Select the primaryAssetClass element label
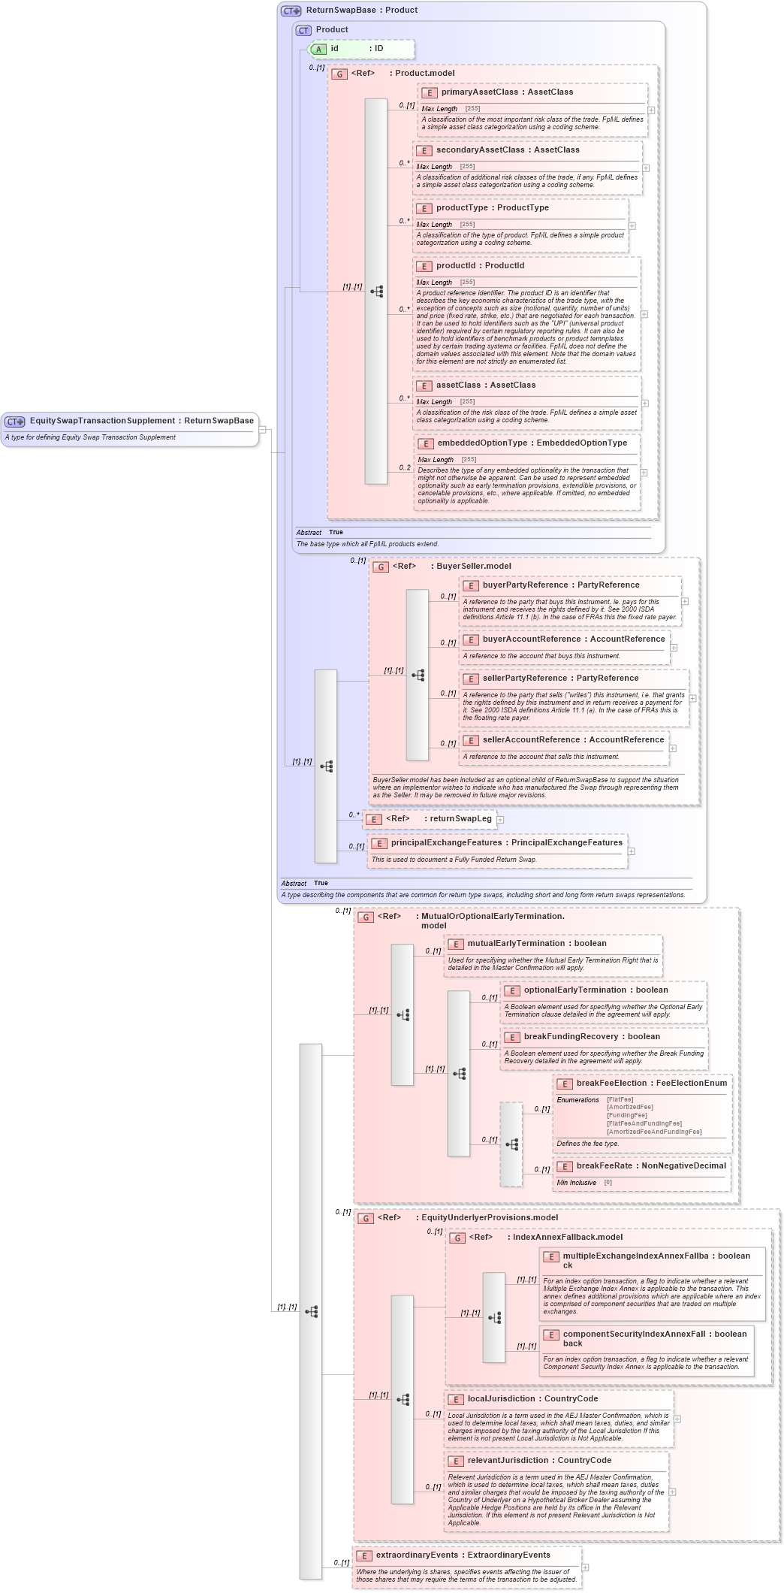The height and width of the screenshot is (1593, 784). click(x=479, y=92)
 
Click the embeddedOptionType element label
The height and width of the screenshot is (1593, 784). click(x=482, y=443)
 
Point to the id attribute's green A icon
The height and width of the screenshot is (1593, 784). click(x=318, y=49)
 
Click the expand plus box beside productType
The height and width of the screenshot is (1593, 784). click(x=632, y=225)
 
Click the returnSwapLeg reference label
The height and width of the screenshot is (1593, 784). click(x=460, y=818)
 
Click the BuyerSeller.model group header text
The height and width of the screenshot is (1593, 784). click(x=473, y=566)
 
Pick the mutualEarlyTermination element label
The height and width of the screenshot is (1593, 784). click(x=516, y=943)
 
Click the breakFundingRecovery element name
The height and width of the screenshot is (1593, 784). click(x=571, y=1036)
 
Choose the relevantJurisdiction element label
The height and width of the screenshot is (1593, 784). click(x=508, y=1460)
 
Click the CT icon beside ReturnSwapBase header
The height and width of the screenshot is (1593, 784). click(x=291, y=11)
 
